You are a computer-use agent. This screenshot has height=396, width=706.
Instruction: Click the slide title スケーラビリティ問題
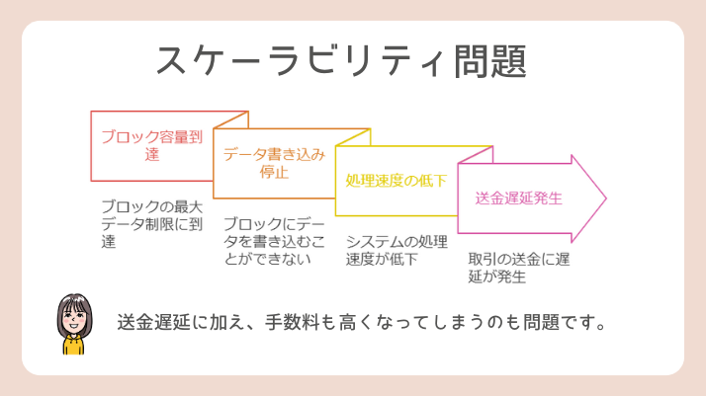coord(341,61)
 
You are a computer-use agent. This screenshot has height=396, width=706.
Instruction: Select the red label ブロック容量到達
coord(152,145)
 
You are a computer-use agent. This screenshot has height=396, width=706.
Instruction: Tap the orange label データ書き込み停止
coord(274,163)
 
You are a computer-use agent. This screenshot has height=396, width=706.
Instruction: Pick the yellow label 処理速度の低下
coord(397,181)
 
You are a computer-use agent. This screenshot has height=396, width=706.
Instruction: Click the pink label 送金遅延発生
coord(519,198)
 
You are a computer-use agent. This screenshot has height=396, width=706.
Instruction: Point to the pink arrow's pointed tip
coord(606,198)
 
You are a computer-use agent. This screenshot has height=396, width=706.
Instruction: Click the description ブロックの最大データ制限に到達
coord(152,224)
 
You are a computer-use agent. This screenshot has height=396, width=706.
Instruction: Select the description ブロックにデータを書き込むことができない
coord(274,241)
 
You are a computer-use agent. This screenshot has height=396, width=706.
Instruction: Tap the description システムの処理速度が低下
coord(397,251)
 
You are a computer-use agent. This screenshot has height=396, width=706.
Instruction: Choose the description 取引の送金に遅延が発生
coord(519,268)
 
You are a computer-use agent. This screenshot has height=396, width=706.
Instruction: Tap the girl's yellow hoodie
coord(73,345)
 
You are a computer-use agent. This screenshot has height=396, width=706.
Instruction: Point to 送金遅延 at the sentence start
coord(153,322)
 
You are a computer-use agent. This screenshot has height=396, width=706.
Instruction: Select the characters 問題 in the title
coord(490,61)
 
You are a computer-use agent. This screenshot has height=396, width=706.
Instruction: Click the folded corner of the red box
coord(231,120)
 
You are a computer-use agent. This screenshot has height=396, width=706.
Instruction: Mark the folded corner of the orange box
coord(353,137)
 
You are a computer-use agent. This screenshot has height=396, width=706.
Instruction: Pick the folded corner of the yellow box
coord(476,155)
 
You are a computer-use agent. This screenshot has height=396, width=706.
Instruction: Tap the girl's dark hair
coord(74,302)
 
